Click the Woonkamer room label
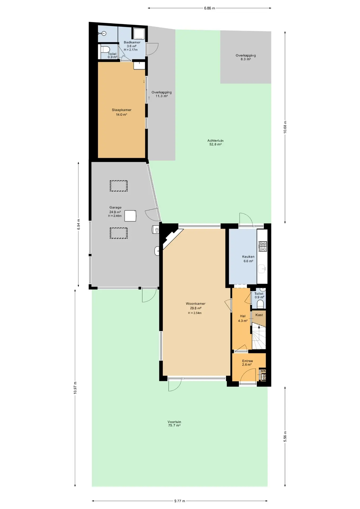click(196, 304)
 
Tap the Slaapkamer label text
click(122, 110)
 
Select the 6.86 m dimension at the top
click(209, 8)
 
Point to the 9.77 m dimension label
click(180, 501)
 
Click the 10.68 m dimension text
click(285, 127)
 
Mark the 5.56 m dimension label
click(285, 436)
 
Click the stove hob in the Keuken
click(263, 246)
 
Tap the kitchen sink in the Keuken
click(262, 269)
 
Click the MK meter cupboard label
click(263, 371)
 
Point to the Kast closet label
click(259, 315)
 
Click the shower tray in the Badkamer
click(139, 34)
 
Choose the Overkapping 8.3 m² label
click(246, 57)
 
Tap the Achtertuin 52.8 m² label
click(216, 143)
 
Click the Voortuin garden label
click(174, 422)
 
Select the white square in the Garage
click(130, 216)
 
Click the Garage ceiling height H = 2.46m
click(115, 216)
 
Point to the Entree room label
click(248, 361)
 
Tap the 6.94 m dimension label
click(78, 224)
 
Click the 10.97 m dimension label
click(75, 388)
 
